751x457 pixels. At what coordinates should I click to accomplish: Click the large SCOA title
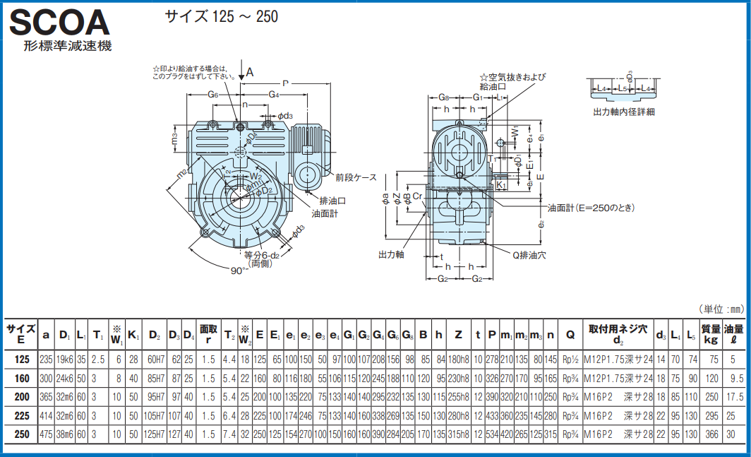coord(60,23)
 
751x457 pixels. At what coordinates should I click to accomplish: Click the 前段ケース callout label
coord(356,177)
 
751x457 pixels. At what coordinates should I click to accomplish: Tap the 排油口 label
coord(332,200)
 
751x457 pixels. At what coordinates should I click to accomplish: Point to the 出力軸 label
coord(391,254)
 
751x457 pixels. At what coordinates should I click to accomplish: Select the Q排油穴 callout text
coord(529,255)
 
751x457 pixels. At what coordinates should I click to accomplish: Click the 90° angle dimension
coord(239,270)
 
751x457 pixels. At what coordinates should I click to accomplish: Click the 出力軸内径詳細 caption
coord(623,112)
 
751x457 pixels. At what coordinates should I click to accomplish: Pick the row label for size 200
coord(22,397)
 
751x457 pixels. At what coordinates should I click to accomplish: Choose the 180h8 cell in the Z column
coord(458,360)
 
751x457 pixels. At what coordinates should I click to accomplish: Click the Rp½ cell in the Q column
coord(570,360)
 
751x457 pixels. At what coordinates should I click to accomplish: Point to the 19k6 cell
coord(65,360)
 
